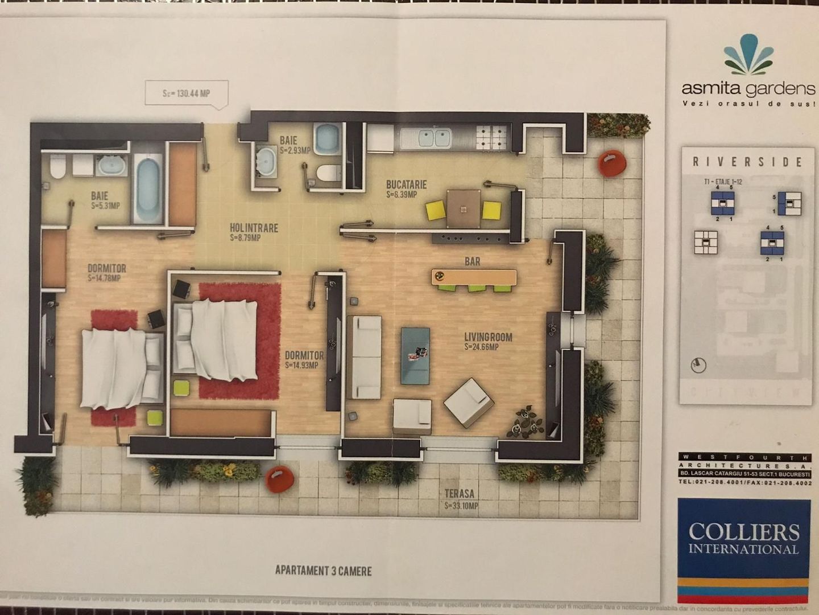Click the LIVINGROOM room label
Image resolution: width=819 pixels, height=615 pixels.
point(488,338)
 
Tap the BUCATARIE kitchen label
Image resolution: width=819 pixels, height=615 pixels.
point(406,185)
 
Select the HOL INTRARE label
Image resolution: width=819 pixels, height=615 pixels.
point(254,228)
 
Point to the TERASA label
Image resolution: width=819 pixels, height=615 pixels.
point(460,494)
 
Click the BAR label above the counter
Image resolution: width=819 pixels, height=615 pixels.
point(472,262)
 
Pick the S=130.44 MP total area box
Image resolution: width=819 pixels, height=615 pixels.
point(187,93)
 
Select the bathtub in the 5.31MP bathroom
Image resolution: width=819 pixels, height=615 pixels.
point(148,183)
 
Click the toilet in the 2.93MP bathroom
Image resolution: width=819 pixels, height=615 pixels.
point(326,173)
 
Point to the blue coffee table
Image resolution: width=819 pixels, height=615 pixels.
point(415,354)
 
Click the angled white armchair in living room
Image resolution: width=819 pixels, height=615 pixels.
point(469,402)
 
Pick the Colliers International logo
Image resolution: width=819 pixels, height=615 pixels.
point(743,539)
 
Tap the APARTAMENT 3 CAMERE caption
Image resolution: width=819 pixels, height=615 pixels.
point(323,571)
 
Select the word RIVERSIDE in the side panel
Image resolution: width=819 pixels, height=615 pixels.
point(747,162)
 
